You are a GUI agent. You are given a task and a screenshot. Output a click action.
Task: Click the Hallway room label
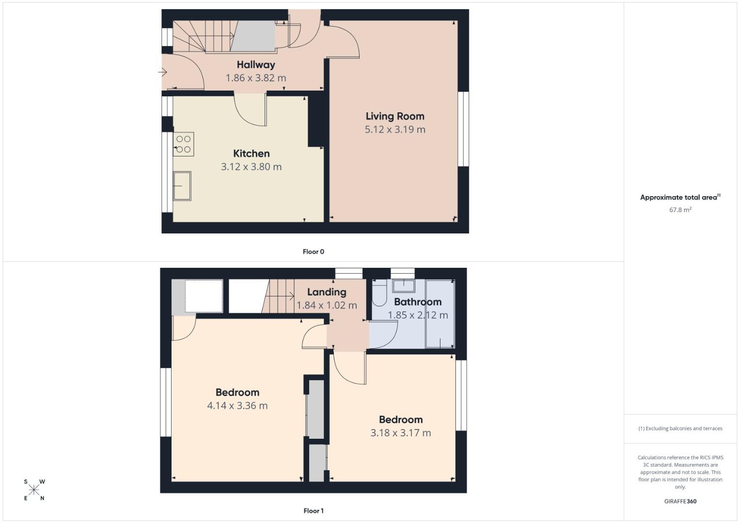coord(256,64)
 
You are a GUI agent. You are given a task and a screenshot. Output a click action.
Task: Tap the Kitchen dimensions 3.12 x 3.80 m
coord(251,167)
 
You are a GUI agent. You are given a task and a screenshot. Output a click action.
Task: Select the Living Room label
coord(395,116)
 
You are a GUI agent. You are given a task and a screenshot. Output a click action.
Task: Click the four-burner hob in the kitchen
coord(184,144)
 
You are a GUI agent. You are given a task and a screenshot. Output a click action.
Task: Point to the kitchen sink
coord(182,186)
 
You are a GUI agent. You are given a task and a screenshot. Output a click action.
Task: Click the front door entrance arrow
coord(162,72)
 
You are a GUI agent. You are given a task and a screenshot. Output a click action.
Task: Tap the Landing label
coord(327,292)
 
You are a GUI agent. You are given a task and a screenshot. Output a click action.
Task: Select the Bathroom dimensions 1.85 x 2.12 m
coord(418,315)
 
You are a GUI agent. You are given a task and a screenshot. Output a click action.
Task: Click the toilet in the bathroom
coord(379,293)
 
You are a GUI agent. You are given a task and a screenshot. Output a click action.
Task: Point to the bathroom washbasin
coord(403,286)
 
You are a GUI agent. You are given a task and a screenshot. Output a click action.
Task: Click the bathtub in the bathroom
coord(440,314)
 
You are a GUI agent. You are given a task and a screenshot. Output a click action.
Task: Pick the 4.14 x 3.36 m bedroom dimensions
coord(237,406)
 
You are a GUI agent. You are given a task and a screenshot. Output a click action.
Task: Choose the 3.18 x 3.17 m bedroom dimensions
coord(401,433)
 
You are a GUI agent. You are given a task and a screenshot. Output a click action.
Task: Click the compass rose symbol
coord(34,490)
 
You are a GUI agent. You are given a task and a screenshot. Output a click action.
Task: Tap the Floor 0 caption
coord(314,252)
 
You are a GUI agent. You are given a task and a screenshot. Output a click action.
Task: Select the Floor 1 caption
coord(314,511)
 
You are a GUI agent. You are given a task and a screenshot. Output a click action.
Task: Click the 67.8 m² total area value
coord(680,210)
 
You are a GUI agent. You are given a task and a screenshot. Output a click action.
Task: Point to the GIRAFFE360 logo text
coord(680,501)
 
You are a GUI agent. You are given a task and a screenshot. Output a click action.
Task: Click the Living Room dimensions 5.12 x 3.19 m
coord(395,130)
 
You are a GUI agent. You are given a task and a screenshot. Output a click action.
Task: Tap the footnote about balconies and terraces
coord(680,429)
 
